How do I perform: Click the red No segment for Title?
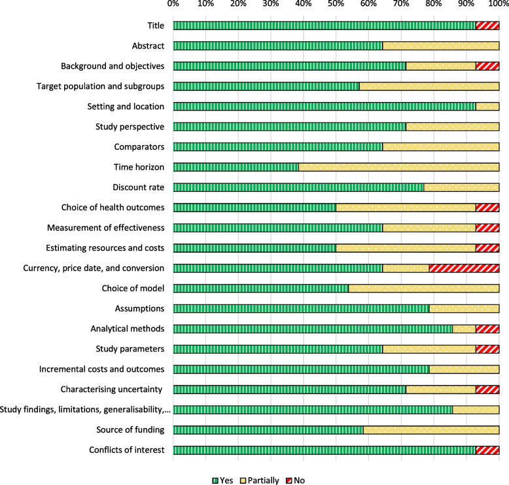tap(487, 26)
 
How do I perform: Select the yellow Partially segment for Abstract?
tap(440, 46)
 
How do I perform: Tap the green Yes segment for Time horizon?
tap(236, 167)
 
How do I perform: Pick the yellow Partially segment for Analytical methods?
tap(464, 329)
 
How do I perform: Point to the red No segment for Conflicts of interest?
tap(487, 450)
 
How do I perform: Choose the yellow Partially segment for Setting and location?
tap(487, 106)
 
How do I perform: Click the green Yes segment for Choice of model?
tap(261, 288)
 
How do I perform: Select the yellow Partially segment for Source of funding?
tap(431, 429)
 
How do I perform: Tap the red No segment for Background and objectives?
tap(487, 66)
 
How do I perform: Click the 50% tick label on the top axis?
tap(336, 5)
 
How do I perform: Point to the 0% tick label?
tap(173, 5)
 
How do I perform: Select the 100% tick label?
tap(498, 5)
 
